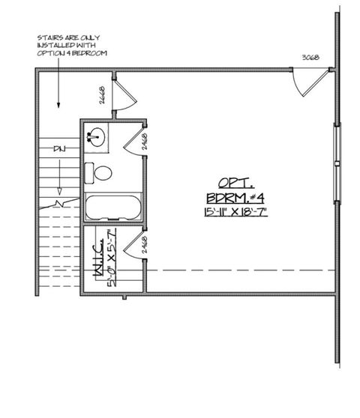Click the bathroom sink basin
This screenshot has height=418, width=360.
(x=96, y=136)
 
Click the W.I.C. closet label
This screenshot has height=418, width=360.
(x=97, y=264)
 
